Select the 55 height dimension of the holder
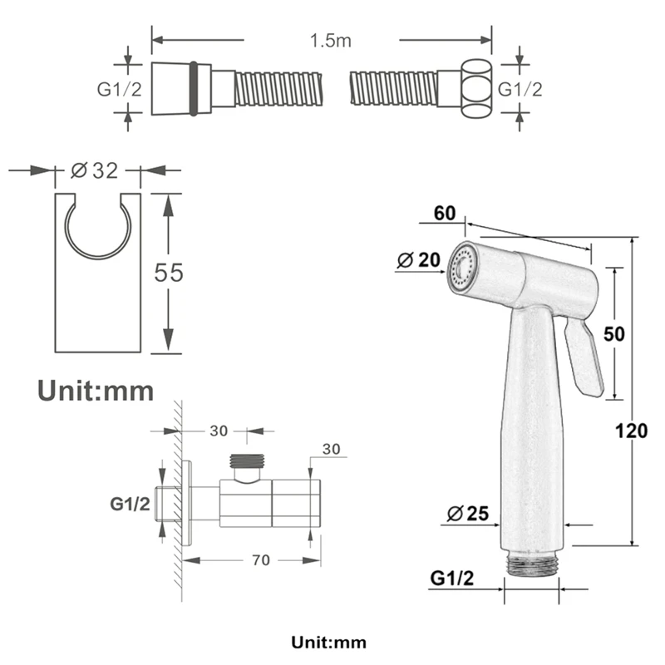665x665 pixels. pyautogui.click(x=169, y=272)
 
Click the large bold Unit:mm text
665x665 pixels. pyautogui.click(x=96, y=390)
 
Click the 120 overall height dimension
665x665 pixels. pyautogui.click(x=632, y=431)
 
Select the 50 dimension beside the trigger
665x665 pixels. pyautogui.click(x=613, y=333)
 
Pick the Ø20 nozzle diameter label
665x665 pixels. pyautogui.click(x=419, y=260)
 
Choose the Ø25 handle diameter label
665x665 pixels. pyautogui.click(x=467, y=514)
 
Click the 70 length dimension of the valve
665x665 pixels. pyautogui.click(x=261, y=560)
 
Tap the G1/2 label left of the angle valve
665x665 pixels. pyautogui.click(x=131, y=503)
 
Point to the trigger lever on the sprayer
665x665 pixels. pyautogui.click(x=584, y=357)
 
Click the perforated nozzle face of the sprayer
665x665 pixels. pyautogui.click(x=460, y=268)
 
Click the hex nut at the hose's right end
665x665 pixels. pyautogui.click(x=475, y=88)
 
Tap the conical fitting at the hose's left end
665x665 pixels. pyautogui.click(x=174, y=87)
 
